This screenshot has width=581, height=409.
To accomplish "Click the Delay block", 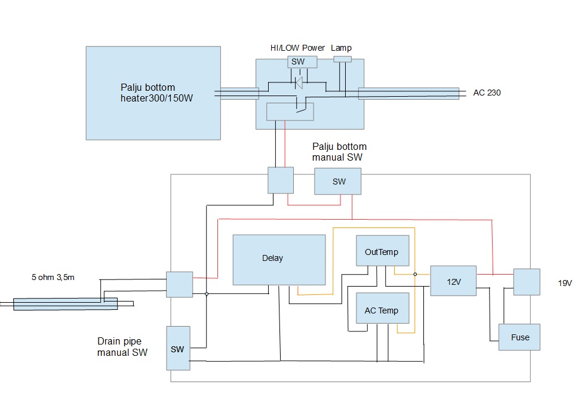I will pos(279,260).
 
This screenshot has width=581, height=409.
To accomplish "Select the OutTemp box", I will pos(382,252).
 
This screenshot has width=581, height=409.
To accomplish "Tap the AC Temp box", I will pos(382,310).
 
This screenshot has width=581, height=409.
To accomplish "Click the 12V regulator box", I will pos(453,281).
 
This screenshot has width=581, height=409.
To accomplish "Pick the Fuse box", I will pos(519,337).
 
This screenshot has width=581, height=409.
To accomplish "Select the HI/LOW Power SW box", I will pos(298,61).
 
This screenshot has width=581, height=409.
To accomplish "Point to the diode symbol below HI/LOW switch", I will pos(299,81).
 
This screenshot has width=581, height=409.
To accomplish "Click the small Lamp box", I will pos(342,59).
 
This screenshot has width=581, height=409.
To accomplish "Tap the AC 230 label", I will pos(487,93).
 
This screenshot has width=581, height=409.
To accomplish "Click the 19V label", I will pos(565,283).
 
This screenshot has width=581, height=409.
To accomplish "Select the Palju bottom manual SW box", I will pos(338,182).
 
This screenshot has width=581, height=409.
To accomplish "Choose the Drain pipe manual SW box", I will pos(178,348).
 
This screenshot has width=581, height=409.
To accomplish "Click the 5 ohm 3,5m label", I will pos(53,277).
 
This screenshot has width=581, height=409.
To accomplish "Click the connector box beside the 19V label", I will pos(526,281).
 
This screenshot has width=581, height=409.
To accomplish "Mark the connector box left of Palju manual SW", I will pos(281,180).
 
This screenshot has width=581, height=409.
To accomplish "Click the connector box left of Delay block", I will pos(179,284).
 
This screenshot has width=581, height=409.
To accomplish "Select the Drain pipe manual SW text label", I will pos(122,347).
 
